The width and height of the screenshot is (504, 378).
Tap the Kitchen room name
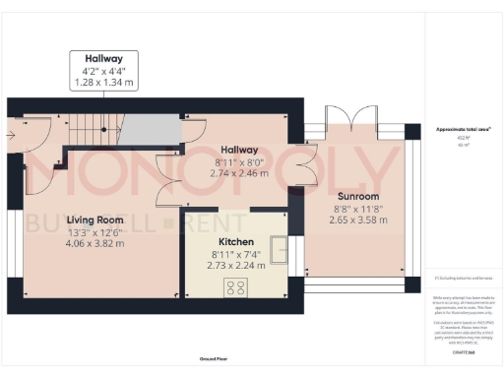pyautogui.click(x=236, y=242)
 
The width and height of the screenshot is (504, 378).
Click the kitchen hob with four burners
pyautogui.click(x=236, y=287)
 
